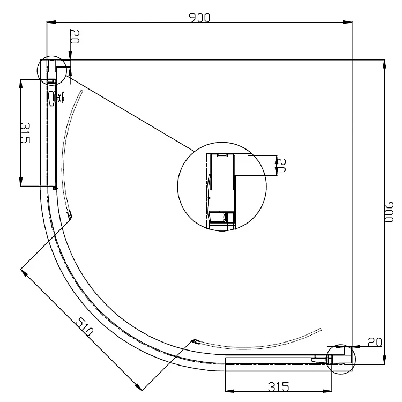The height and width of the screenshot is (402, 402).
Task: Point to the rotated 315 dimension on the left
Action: click(x=25, y=133)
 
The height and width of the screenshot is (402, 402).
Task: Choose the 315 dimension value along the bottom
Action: click(x=278, y=386)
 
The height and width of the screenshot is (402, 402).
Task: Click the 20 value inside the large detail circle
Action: click(x=281, y=164)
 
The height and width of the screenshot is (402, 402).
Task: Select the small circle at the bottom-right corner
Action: click(x=341, y=358)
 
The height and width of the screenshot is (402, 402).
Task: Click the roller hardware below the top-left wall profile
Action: click(x=54, y=99)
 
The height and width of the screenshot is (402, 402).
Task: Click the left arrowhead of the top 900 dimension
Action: click(x=50, y=23)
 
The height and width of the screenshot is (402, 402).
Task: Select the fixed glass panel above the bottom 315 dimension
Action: click(x=273, y=359)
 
